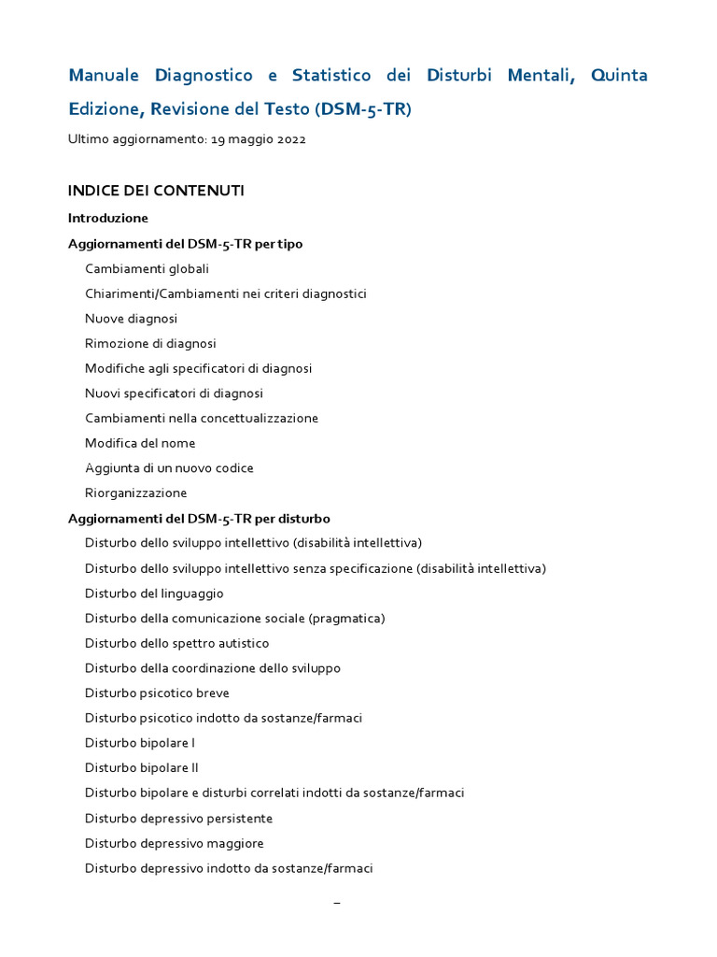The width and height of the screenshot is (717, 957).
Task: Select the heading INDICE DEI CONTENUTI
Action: pyautogui.click(x=156, y=191)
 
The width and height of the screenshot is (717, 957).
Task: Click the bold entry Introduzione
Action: pyautogui.click(x=107, y=218)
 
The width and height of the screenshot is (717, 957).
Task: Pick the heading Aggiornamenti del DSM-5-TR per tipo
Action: pyautogui.click(x=185, y=243)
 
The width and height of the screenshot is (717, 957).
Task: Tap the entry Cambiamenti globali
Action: pyautogui.click(x=147, y=268)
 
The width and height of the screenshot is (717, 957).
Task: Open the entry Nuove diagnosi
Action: pyautogui.click(x=131, y=319)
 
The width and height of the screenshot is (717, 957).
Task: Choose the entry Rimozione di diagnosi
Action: pyautogui.click(x=150, y=343)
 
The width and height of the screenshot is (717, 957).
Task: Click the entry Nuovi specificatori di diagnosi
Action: pyautogui.click(x=174, y=393)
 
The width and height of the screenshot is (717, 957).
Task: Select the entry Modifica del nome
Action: pyautogui.click(x=140, y=443)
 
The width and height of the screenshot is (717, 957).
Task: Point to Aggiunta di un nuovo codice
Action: pyautogui.click(x=169, y=468)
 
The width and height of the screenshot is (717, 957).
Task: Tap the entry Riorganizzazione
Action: pyautogui.click(x=135, y=493)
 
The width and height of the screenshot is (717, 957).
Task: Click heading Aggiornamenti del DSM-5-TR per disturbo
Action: pyautogui.click(x=199, y=518)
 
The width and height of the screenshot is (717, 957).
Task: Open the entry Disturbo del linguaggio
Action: pyautogui.click(x=154, y=593)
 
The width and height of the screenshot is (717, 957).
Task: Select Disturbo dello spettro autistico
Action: pyautogui.click(x=176, y=643)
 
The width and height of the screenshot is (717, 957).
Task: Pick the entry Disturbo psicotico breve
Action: pyautogui.click(x=157, y=693)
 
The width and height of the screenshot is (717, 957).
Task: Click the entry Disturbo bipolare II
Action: pyautogui.click(x=142, y=768)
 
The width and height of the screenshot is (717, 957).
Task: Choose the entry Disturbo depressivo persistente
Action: pyautogui.click(x=178, y=819)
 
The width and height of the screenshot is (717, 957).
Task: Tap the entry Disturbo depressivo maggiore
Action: pyautogui.click(x=174, y=843)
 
